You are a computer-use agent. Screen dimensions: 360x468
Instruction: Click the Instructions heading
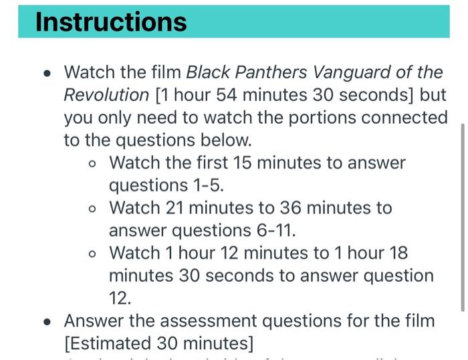click(111, 21)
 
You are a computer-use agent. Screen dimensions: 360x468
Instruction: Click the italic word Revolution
click(106, 95)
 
